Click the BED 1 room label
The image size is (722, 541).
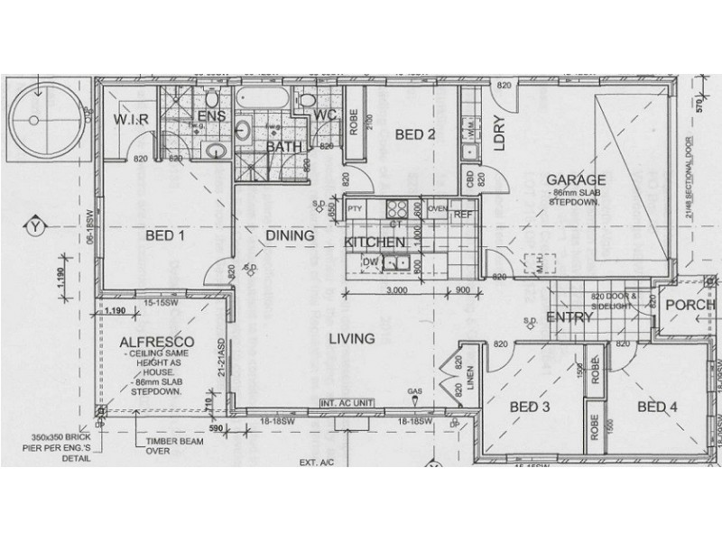tap(165, 237)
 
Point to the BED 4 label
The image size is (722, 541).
tap(657, 407)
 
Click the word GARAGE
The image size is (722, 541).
tap(574, 179)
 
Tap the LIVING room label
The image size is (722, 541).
tap(351, 339)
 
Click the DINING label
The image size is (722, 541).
tap(289, 236)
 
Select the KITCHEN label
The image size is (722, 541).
tap(373, 243)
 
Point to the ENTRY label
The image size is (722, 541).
tap(569, 317)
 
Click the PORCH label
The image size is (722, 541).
tap(690, 305)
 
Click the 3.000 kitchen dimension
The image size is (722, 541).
tap(396, 291)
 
